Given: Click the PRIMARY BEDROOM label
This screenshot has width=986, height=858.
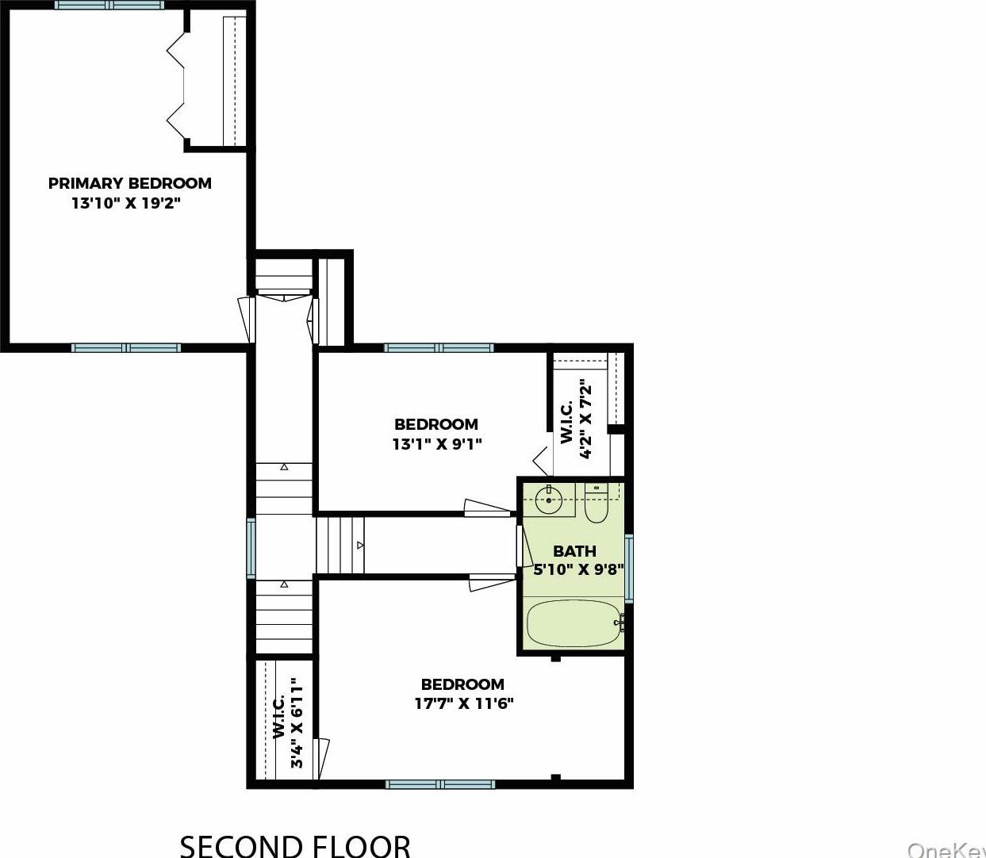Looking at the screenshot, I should [x=129, y=183].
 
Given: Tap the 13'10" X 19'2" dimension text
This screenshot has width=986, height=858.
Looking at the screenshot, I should [x=126, y=203].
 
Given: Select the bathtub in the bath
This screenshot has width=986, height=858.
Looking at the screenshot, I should [x=574, y=623].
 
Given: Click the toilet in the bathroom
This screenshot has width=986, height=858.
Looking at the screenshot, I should [x=596, y=504].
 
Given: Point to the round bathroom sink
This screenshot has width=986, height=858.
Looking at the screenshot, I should [x=548, y=500].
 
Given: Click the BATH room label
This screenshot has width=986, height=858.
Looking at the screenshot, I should [x=574, y=550].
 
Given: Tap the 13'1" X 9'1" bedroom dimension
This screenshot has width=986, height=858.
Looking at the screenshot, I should [x=436, y=444].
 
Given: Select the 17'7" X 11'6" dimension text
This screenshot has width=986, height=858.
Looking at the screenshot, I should [x=464, y=703].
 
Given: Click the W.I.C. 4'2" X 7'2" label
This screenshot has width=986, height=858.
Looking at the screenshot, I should [x=577, y=419].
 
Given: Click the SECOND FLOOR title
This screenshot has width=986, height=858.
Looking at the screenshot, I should [x=295, y=845].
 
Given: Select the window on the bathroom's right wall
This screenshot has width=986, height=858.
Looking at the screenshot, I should [x=628, y=568].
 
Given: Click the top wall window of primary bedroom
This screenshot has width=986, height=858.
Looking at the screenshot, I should [x=109, y=5].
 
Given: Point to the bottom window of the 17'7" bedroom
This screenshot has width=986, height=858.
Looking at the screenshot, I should [x=440, y=784].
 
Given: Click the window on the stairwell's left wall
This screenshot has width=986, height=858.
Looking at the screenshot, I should [x=251, y=548].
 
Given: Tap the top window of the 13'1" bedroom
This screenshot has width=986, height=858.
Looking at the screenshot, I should [x=439, y=347].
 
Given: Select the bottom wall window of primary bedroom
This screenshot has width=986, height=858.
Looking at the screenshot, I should [x=125, y=347].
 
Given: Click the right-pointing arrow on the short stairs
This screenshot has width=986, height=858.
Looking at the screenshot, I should [x=359, y=546].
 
